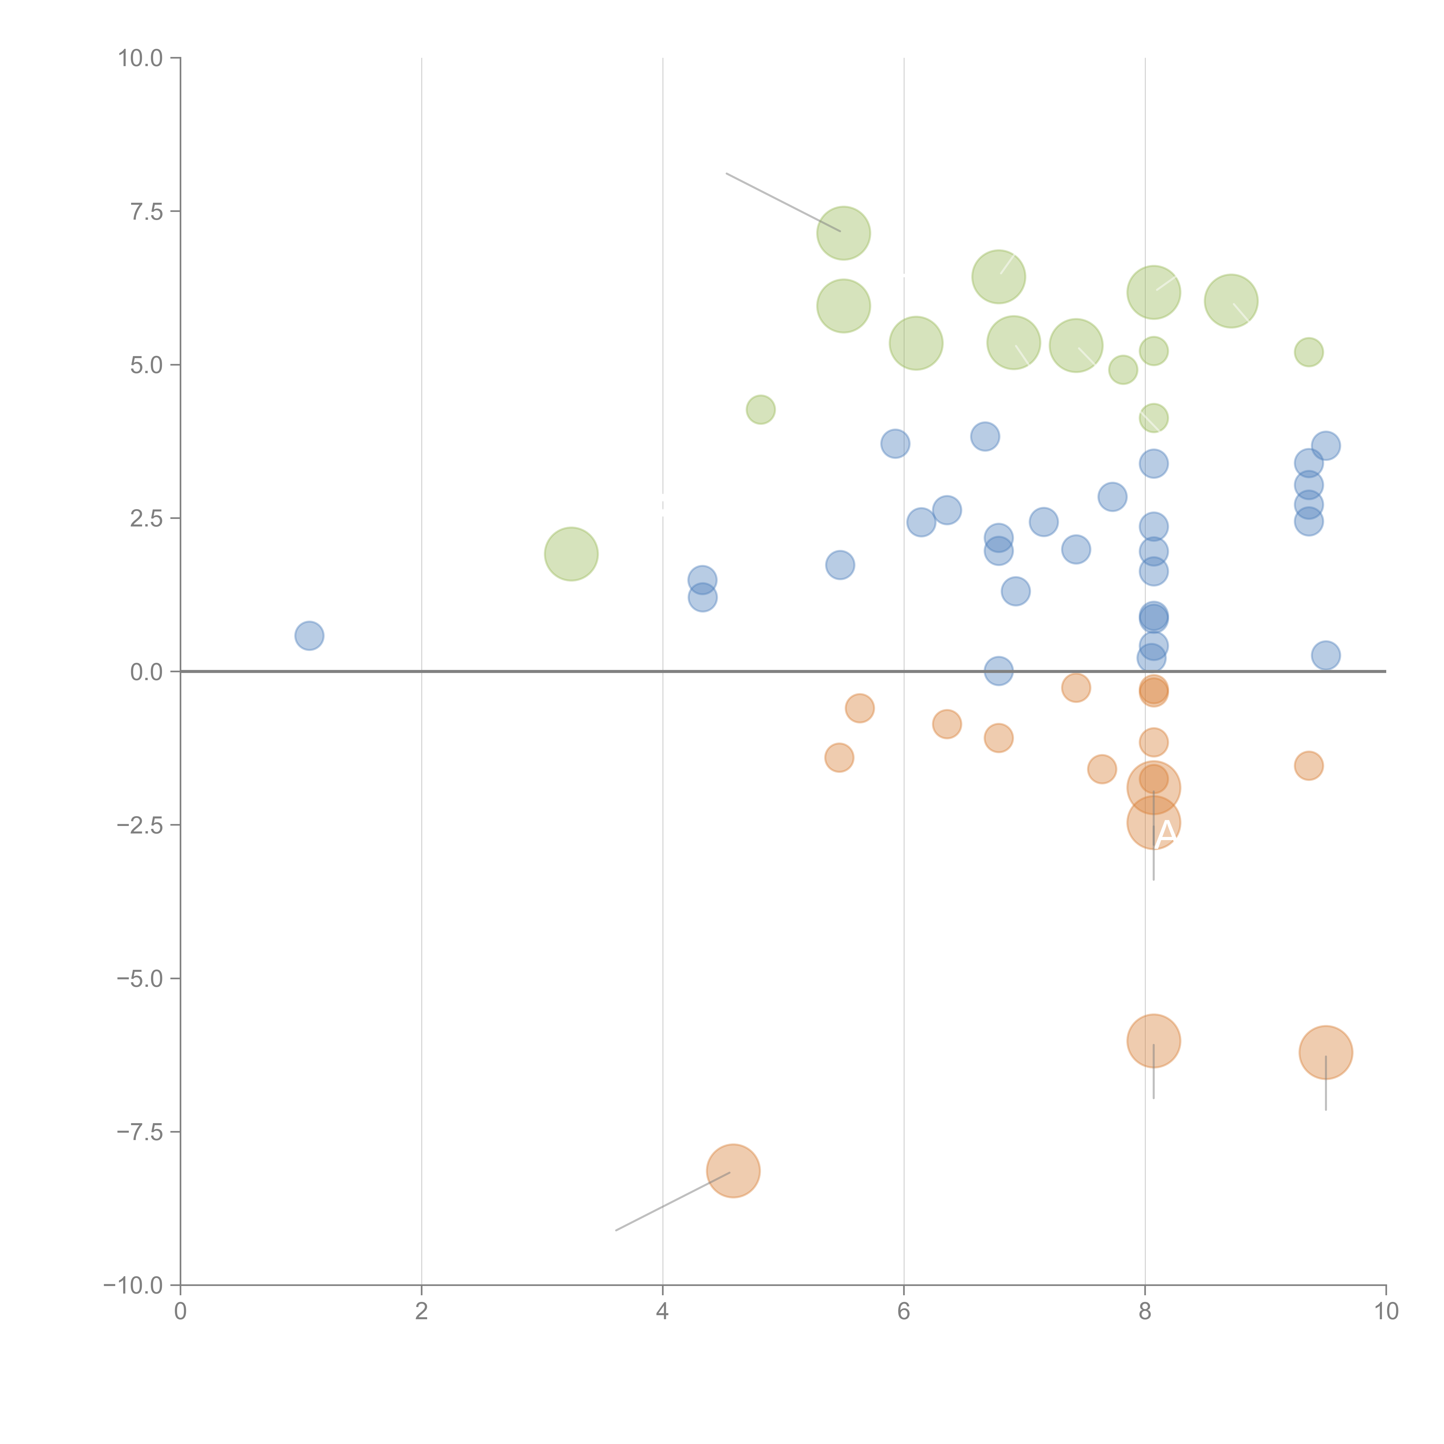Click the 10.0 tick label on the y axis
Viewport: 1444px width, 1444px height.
(x=141, y=58)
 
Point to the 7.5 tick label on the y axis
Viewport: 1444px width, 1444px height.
(x=146, y=211)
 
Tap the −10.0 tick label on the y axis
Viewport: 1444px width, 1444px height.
(x=133, y=1285)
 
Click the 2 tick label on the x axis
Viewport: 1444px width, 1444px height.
(x=422, y=1312)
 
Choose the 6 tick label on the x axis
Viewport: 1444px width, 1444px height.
(x=904, y=1312)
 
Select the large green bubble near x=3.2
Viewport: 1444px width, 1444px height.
(x=571, y=554)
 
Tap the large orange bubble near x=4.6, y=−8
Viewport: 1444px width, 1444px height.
(x=733, y=1171)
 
